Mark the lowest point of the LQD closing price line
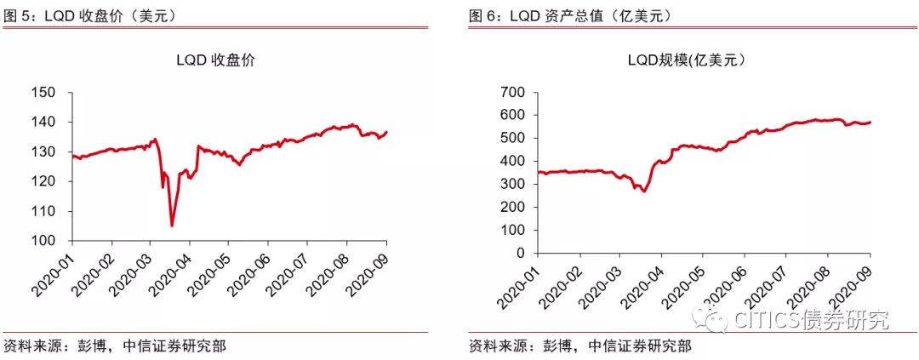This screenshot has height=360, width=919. coord(172,226)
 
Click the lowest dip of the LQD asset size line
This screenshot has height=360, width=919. coord(645,191)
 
